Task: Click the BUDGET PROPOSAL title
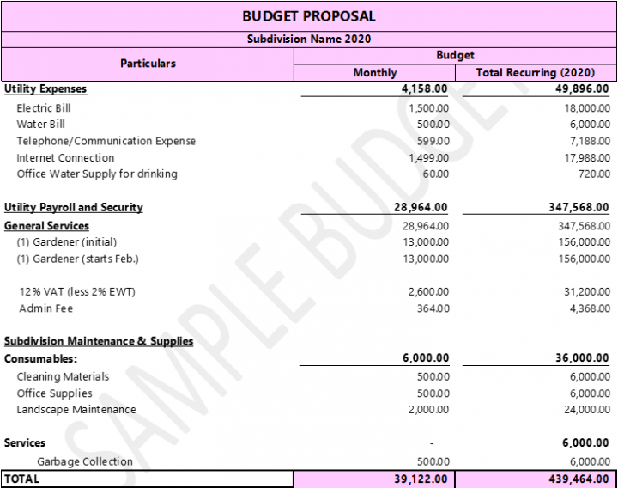pos(308,16)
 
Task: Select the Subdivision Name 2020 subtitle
pos(308,39)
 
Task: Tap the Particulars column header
pos(148,64)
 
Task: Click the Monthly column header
pos(375,73)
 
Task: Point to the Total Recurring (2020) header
pos(536,73)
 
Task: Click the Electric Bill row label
pos(44,108)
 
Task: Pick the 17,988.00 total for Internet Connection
pos(587,157)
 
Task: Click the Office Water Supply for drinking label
pos(97,174)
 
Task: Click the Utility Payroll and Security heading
pos(74,208)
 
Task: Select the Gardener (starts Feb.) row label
pos(77,259)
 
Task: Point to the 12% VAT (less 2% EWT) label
pos(77,292)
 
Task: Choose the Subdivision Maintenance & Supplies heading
pos(99,341)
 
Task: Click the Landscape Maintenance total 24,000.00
pos(587,410)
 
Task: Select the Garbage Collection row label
pos(84,461)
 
